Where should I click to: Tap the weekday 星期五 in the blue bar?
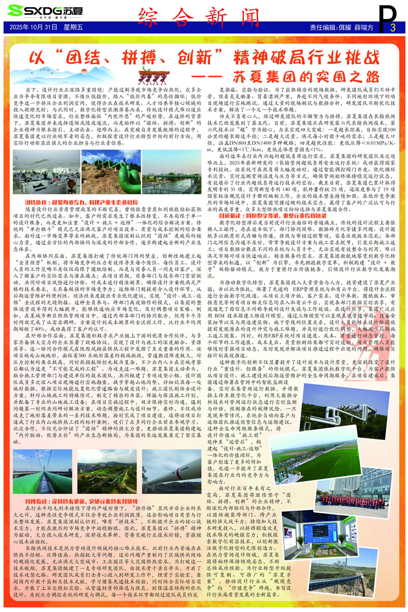[x=73, y=27]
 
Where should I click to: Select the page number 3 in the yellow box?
[x=392, y=28]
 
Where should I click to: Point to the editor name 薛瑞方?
[x=364, y=28]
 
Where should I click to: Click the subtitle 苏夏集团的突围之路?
[x=306, y=77]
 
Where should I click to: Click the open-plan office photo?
[x=46, y=172]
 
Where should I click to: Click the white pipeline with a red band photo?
[x=172, y=472]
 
